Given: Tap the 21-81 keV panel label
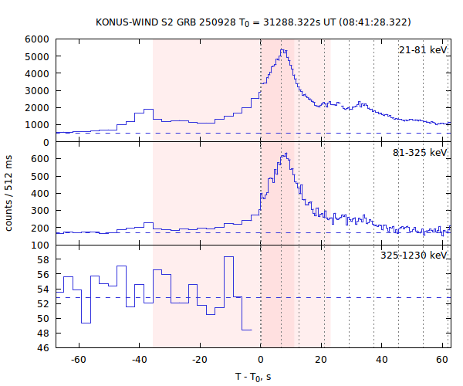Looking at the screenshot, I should (423, 50).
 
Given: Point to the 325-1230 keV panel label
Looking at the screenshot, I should (414, 256).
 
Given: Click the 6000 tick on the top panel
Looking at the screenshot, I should (37, 39).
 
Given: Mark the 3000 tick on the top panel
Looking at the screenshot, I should (37, 90).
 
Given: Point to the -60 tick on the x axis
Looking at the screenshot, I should (79, 360).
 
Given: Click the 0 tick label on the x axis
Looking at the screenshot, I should (261, 360).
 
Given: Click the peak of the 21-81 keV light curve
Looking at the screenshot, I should (283, 50).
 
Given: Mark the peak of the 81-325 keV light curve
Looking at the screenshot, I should (285, 154).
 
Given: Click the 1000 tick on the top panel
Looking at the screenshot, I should (37, 125).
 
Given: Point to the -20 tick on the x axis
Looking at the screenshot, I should (200, 360).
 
